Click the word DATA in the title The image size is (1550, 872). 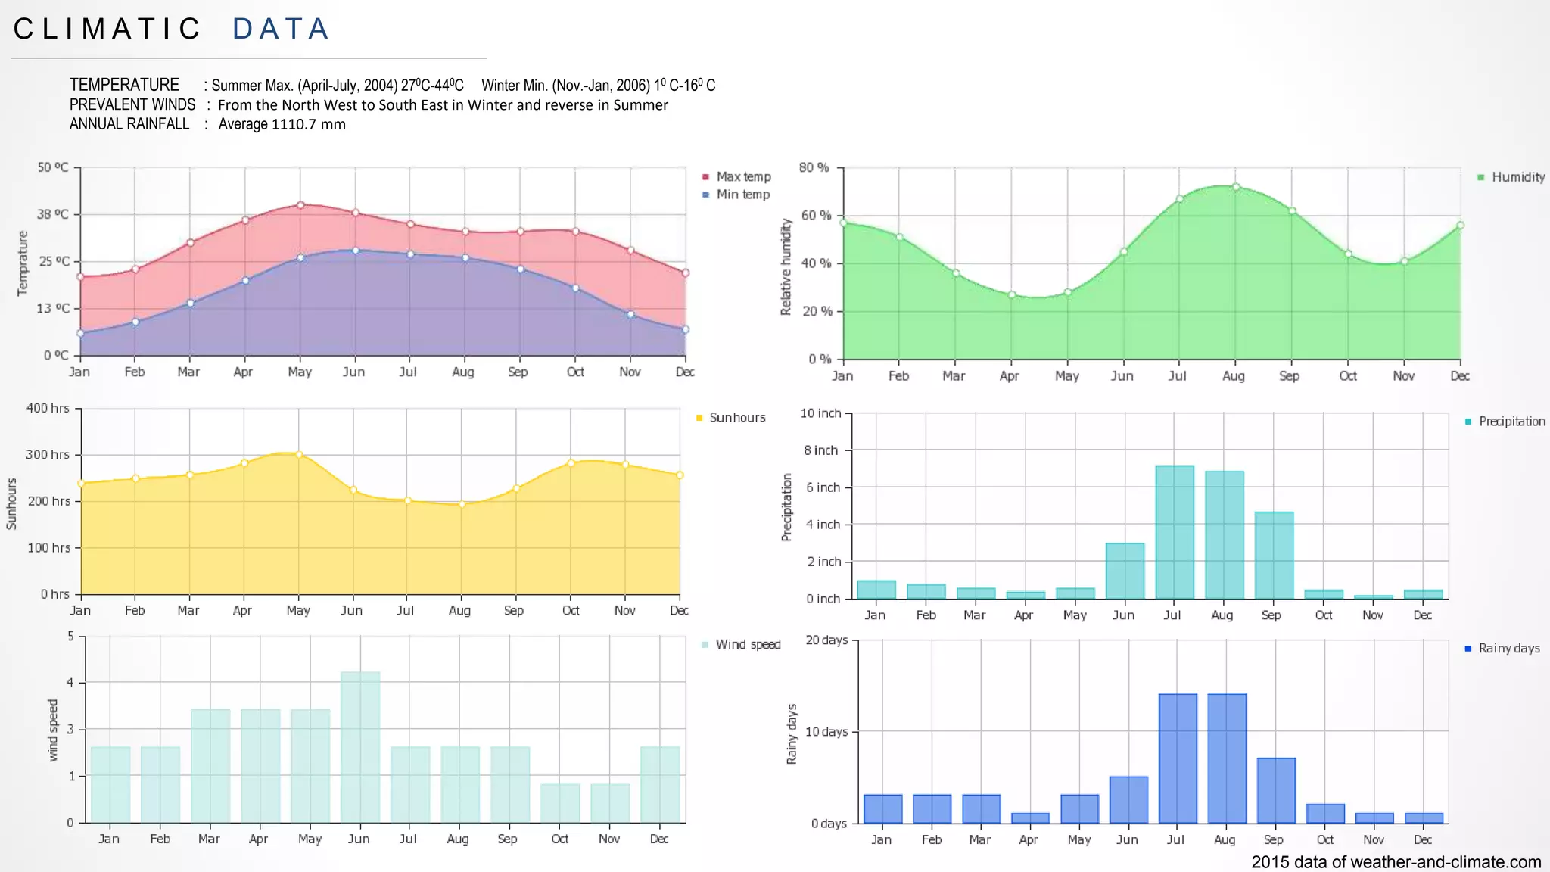tap(280, 30)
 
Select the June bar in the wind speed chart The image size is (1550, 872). tap(360, 746)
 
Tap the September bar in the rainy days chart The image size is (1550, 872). tap(1276, 790)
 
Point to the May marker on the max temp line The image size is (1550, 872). tap(300, 205)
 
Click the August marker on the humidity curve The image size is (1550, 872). tap(1236, 187)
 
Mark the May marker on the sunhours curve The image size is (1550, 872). tap(299, 455)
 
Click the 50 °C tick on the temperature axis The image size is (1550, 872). tap(53, 167)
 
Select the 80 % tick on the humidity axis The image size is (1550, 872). tap(814, 167)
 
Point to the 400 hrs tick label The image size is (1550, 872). tap(48, 408)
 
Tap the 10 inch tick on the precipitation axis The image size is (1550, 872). tap(821, 413)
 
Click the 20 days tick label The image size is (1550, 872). tap(826, 640)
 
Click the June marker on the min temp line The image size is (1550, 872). tap(356, 251)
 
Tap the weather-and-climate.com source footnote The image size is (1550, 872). tap(1396, 861)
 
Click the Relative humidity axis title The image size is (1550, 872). tap(786, 266)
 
